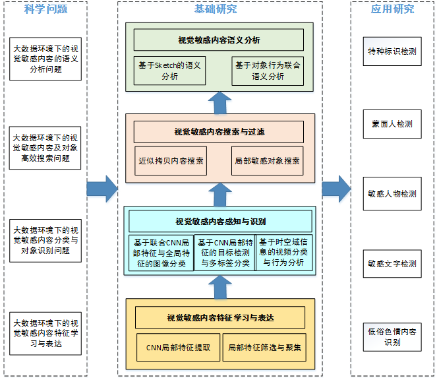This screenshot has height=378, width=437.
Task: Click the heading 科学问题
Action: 46,9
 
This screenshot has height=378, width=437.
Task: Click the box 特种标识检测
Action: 392,51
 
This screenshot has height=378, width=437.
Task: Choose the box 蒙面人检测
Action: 392,124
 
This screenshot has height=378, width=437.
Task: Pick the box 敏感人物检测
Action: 392,194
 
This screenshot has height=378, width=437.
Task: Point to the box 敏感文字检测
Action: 392,264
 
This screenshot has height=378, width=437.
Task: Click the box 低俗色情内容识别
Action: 392,336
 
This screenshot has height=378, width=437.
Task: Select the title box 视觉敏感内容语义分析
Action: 219,40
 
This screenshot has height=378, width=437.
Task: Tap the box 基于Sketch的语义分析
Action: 169,71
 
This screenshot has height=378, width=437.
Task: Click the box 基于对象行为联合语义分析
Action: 268,71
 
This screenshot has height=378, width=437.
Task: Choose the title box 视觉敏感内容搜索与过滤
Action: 219,132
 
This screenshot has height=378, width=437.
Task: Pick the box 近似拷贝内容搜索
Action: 171,160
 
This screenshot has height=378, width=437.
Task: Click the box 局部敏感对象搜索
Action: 268,160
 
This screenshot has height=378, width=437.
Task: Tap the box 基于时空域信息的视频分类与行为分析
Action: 283,252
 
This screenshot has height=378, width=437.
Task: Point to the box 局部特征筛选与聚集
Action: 264,347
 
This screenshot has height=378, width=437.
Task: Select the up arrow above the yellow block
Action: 219,287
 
